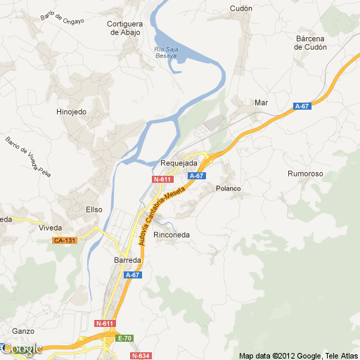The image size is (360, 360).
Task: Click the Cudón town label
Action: coord(240,8)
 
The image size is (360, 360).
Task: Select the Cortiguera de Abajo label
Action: coord(124,27)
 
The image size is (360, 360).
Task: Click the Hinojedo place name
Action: coord(71,111)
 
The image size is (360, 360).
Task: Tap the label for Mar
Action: coord(262,103)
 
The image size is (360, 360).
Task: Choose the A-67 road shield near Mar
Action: coord(302,106)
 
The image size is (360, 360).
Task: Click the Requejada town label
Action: coord(179,163)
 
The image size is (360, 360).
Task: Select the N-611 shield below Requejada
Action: coord(162,179)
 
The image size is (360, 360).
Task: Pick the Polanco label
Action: coord(228,188)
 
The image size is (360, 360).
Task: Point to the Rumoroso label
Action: coord(305,173)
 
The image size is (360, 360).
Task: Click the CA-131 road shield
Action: coord(64,240)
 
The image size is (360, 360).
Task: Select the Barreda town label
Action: coord(127,260)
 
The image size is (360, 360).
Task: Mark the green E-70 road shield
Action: coord(125,338)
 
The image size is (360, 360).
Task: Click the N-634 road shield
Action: coord(141,356)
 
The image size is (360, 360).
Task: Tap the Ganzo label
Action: coord(23,330)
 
